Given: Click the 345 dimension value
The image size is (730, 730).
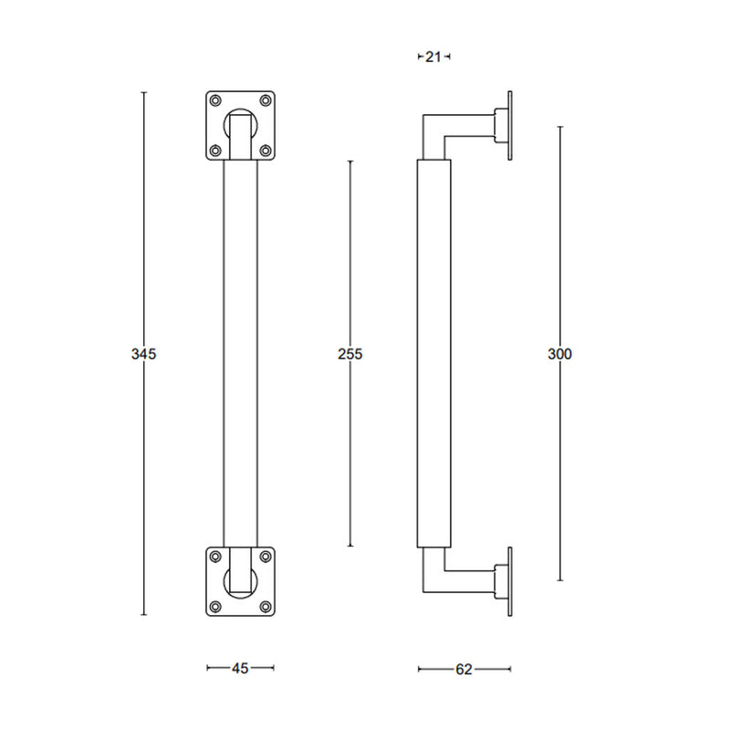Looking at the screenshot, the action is coord(143,354).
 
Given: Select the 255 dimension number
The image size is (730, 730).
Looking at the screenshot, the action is coord(350,354).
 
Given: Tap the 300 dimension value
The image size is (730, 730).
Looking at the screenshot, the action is coord(559,354).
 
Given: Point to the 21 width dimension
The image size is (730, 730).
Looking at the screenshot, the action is coord(433,57).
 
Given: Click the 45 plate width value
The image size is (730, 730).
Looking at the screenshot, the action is coord(240,669).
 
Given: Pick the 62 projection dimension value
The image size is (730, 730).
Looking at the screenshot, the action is coord(464,670).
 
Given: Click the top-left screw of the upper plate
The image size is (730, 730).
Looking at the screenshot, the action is coord(215,100).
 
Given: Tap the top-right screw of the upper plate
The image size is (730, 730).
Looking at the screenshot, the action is coord(266,100).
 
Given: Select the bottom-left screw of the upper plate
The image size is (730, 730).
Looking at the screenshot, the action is coord(215,151).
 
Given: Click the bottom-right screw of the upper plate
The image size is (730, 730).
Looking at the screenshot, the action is coord(266,151).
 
